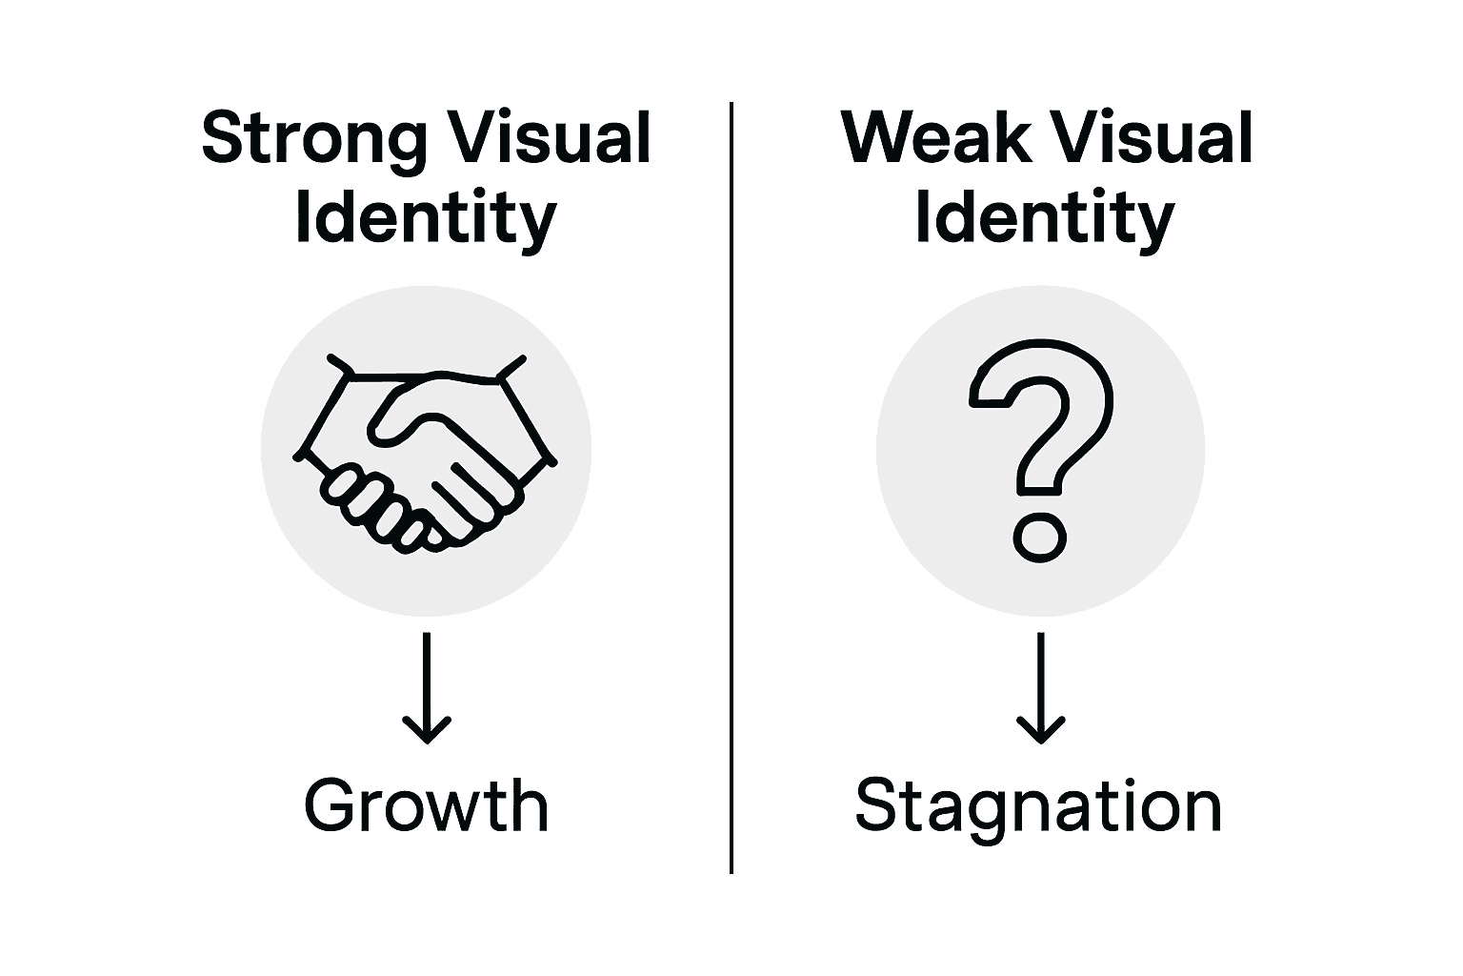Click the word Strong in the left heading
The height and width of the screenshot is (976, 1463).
313,140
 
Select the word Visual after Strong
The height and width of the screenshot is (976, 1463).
550,138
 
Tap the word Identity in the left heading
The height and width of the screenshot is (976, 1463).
426,219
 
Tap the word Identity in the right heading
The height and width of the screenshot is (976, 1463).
1044,219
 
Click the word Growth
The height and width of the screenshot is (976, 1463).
426,806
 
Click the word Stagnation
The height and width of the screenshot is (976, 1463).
1038,806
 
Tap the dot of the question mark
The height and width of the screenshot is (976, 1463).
1039,538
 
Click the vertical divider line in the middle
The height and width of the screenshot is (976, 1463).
731,486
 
